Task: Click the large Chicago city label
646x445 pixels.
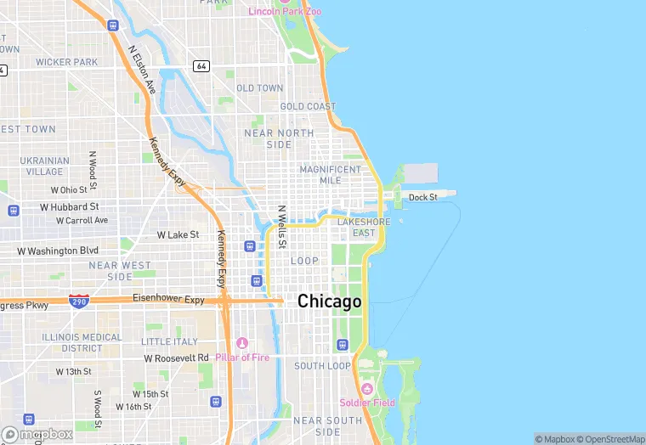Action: pyautogui.click(x=329, y=301)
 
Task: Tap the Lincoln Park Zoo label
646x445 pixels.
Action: pyautogui.click(x=285, y=11)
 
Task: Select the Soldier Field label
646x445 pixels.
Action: pyautogui.click(x=367, y=403)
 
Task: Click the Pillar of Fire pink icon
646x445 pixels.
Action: pyautogui.click(x=242, y=343)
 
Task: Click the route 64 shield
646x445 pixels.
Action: pyautogui.click(x=201, y=65)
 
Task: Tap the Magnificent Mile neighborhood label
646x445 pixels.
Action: pyautogui.click(x=331, y=175)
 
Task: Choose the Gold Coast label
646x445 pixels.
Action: pyautogui.click(x=308, y=107)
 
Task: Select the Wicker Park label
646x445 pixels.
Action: pyautogui.click(x=66, y=62)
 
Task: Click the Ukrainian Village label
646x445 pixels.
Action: pyautogui.click(x=44, y=166)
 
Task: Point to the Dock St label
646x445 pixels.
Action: pyautogui.click(x=422, y=197)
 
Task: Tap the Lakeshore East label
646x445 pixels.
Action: pyautogui.click(x=363, y=227)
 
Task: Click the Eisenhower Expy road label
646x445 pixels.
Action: pyautogui.click(x=169, y=299)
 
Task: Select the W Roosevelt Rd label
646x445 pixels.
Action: pyautogui.click(x=176, y=358)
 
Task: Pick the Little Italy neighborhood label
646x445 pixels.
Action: pyautogui.click(x=169, y=341)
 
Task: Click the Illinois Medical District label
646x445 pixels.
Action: pyautogui.click(x=82, y=342)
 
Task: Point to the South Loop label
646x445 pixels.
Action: pyautogui.click(x=322, y=366)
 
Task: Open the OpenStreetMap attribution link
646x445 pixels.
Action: pyautogui.click(x=610, y=439)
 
